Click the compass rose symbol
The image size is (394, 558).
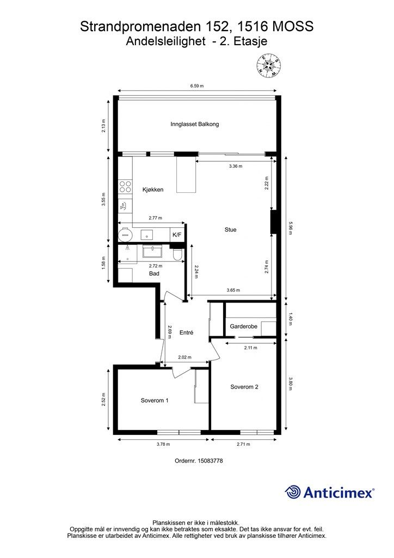(269, 65)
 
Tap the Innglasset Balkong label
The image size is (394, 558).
(195, 124)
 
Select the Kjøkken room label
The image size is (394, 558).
(153, 190)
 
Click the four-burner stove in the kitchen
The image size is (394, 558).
(125, 187)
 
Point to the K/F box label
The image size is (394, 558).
(177, 235)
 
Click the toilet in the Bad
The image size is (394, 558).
(177, 254)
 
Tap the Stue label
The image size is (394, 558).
(230, 230)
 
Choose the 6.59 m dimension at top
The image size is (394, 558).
(197, 86)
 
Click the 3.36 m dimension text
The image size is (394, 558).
(236, 166)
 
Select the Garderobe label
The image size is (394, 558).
(243, 326)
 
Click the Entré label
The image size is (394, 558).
(186, 333)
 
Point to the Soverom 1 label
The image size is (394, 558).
(155, 401)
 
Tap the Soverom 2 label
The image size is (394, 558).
(244, 387)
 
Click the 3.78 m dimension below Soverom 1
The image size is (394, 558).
(163, 444)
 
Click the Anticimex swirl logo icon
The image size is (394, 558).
(293, 492)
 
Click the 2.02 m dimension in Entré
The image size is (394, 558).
(185, 357)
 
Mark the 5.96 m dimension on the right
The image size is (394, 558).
(291, 228)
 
